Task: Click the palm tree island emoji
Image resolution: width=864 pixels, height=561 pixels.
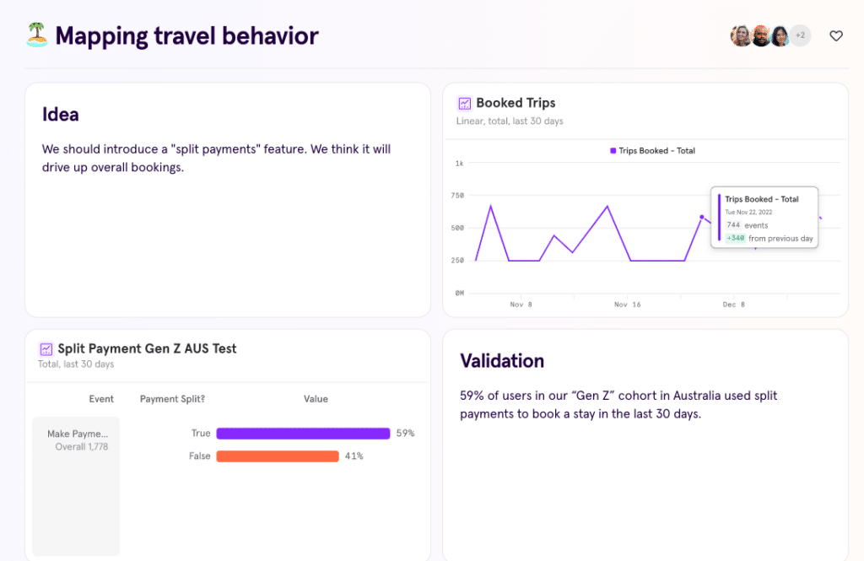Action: click(x=36, y=35)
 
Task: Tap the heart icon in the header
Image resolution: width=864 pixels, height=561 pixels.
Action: click(x=836, y=35)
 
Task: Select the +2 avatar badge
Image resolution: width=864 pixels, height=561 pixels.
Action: click(x=800, y=35)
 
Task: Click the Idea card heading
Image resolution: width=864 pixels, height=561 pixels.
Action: click(x=61, y=115)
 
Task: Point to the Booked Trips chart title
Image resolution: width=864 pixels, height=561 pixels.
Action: click(x=516, y=103)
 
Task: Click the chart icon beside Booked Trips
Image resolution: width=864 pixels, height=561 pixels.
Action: click(x=464, y=104)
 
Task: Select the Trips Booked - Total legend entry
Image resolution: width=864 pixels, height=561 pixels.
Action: click(x=652, y=151)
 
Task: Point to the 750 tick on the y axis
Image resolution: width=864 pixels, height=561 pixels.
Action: click(x=457, y=196)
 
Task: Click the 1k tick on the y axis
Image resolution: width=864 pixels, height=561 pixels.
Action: click(x=459, y=164)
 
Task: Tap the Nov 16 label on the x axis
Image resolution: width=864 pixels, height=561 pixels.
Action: click(x=627, y=305)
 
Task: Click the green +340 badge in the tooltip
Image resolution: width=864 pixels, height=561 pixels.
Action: click(x=735, y=239)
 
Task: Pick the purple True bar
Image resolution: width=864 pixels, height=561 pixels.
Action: click(x=303, y=434)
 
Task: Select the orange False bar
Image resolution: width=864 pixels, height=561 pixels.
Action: click(x=278, y=456)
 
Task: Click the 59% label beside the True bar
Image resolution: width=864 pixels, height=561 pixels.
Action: click(x=405, y=434)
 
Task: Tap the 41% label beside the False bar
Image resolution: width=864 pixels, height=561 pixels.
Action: click(x=354, y=456)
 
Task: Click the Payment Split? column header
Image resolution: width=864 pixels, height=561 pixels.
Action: click(x=172, y=399)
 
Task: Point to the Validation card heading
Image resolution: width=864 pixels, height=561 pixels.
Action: click(x=502, y=361)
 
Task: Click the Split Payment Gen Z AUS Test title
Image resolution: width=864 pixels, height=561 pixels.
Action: click(x=147, y=348)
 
